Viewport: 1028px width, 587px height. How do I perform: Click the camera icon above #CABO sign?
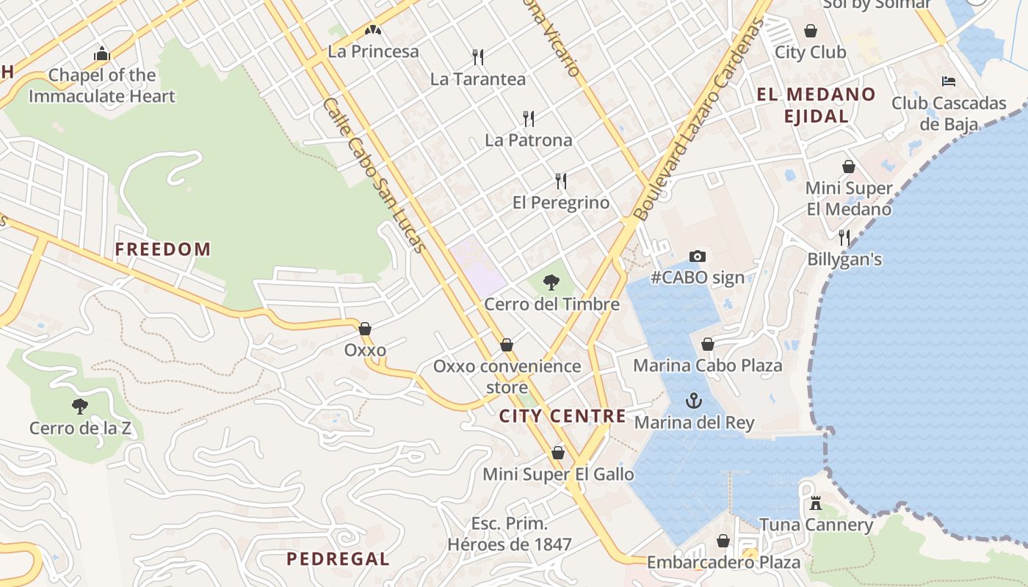(698, 256)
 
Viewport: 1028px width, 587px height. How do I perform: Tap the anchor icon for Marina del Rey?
(694, 401)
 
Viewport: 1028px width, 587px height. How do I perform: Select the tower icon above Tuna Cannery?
(815, 503)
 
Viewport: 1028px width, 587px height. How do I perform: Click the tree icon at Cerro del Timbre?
(551, 282)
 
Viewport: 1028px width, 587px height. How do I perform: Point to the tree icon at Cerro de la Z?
(80, 406)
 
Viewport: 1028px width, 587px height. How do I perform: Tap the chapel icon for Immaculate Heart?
(102, 54)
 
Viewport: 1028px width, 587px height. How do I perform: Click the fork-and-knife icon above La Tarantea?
(478, 56)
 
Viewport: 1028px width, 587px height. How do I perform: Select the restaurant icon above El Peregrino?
(561, 181)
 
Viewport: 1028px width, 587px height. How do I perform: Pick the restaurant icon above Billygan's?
(844, 237)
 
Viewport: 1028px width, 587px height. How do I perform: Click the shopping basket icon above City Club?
(811, 30)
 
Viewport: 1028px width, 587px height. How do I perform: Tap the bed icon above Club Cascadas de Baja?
(949, 81)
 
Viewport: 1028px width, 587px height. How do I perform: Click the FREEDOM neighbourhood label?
(163, 249)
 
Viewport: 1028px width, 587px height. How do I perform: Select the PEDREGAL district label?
(338, 559)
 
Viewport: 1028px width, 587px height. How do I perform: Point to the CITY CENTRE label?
(562, 417)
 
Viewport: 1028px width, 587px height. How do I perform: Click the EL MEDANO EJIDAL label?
(817, 105)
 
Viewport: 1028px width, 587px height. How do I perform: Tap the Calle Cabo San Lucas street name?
(374, 175)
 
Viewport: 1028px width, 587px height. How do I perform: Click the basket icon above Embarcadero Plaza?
(723, 541)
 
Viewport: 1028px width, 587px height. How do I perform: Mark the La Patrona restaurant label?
(529, 139)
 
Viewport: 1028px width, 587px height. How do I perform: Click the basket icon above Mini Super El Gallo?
(558, 453)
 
